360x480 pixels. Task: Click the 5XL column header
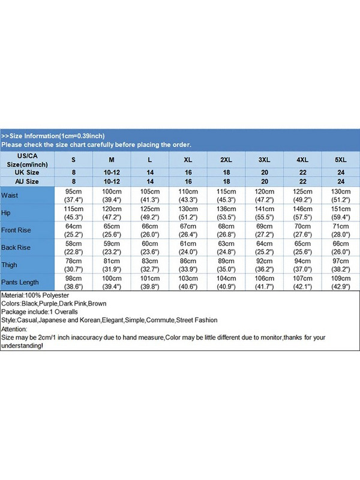[x=341, y=160]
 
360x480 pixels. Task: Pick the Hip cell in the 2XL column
[x=226, y=213]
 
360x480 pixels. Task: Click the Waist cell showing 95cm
[x=74, y=196]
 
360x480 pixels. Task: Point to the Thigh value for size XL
[x=188, y=265]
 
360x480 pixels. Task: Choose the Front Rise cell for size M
[x=112, y=230]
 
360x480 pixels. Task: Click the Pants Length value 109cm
[x=341, y=282]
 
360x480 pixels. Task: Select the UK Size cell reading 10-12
[x=112, y=172]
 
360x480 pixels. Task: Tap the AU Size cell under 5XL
[x=341, y=181]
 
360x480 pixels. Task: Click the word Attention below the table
[x=14, y=329]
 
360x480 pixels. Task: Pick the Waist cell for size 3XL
[x=265, y=196]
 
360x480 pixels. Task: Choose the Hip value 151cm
[x=341, y=213]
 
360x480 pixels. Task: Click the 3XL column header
[x=265, y=160]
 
